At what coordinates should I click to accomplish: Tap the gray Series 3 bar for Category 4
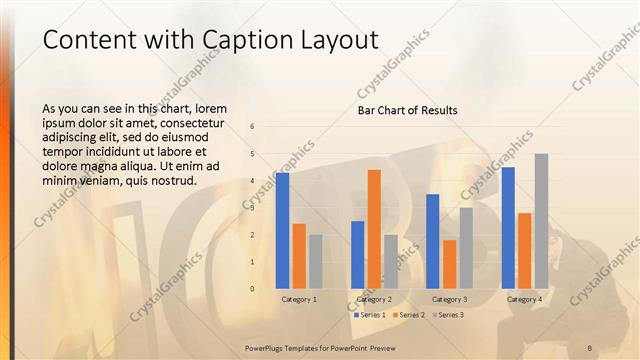(x=541, y=221)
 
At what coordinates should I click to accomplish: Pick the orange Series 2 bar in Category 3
(x=449, y=264)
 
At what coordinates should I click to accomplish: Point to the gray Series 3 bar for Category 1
(x=316, y=262)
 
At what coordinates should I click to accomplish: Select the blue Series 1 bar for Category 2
(x=357, y=255)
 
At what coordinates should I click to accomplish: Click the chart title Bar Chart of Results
(x=407, y=110)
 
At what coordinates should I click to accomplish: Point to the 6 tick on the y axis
(x=253, y=127)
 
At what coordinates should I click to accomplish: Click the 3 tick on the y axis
(x=253, y=208)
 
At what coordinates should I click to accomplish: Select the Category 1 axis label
(x=299, y=299)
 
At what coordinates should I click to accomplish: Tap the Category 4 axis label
(x=525, y=299)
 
